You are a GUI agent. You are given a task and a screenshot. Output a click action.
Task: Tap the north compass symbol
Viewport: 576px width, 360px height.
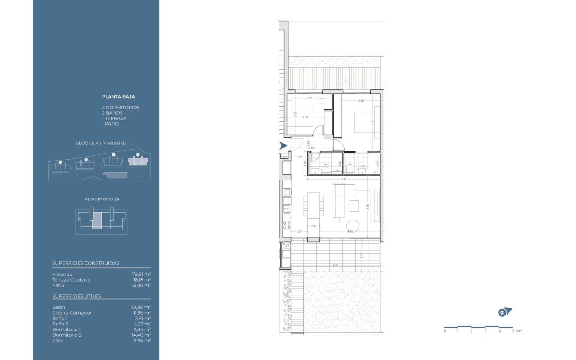pyautogui.click(x=505, y=312)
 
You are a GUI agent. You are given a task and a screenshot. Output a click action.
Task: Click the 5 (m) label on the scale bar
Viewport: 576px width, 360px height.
pyautogui.click(x=516, y=331)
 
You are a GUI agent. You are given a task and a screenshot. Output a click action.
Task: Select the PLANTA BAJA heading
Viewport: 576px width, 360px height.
pyautogui.click(x=118, y=96)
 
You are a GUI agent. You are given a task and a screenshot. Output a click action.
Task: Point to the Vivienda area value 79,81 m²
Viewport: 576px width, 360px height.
pyautogui.click(x=141, y=274)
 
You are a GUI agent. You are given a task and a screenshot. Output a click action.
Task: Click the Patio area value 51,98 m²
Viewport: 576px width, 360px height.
pyautogui.click(x=141, y=285)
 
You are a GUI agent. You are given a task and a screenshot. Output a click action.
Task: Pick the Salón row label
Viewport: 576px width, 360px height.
pyautogui.click(x=58, y=307)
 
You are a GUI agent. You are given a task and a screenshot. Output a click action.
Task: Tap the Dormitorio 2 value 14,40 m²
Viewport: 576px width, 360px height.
pyautogui.click(x=141, y=335)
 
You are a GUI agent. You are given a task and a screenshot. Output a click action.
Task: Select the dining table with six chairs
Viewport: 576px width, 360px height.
pyautogui.click(x=313, y=206)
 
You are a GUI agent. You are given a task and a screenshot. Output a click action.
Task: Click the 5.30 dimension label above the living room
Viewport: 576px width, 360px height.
pyautogui.click(x=344, y=180)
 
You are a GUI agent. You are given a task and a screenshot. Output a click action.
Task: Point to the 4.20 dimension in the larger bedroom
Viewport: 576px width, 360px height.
pyautogui.click(x=373, y=121)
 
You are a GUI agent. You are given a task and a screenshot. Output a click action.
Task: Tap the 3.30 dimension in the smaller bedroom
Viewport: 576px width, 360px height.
pyautogui.click(x=309, y=98)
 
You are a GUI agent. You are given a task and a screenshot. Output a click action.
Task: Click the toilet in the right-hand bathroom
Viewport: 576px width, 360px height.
pyautogui.click(x=350, y=169)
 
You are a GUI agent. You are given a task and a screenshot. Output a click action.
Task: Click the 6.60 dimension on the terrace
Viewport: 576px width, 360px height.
pyautogui.click(x=335, y=265)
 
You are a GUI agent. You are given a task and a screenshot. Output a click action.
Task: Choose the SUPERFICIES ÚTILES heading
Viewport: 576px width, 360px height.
pyautogui.click(x=76, y=296)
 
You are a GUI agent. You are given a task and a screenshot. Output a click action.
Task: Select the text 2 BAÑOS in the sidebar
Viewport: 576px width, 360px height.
pyautogui.click(x=112, y=113)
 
